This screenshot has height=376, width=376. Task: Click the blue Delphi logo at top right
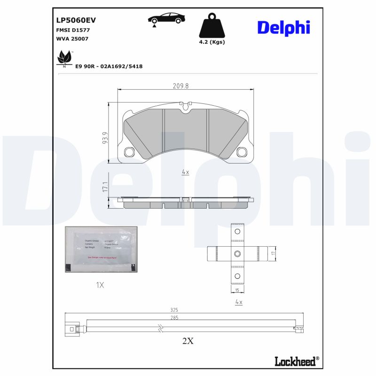(283, 27)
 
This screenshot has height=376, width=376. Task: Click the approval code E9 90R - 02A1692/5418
(109, 66)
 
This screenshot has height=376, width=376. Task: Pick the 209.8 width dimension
(180, 86)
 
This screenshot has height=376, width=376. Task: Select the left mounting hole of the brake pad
(130, 152)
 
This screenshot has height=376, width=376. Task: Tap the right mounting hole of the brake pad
(242, 152)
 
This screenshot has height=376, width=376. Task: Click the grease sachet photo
(102, 249)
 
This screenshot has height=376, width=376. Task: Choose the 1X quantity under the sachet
(99, 285)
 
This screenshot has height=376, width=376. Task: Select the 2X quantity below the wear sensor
(188, 341)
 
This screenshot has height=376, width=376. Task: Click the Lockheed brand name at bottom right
(296, 360)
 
